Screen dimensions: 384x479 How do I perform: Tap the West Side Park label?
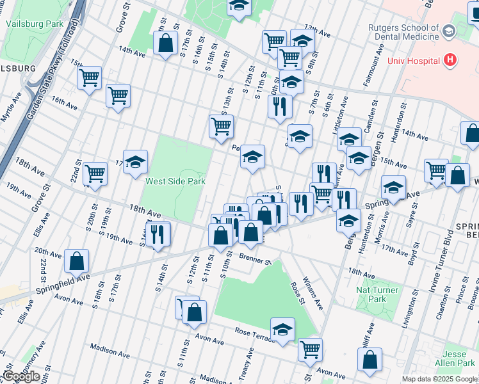click(175, 181)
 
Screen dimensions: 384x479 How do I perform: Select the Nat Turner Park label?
click(378, 294)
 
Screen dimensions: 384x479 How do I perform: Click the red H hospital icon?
click(450, 61)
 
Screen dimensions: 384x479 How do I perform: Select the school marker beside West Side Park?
click(135, 163)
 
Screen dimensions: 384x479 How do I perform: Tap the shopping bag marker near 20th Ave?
click(76, 261)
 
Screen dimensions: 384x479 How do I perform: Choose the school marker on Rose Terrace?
click(282, 330)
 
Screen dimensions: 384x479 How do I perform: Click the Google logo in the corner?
click(21, 376)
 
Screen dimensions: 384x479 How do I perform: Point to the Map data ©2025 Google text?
click(439, 379)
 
